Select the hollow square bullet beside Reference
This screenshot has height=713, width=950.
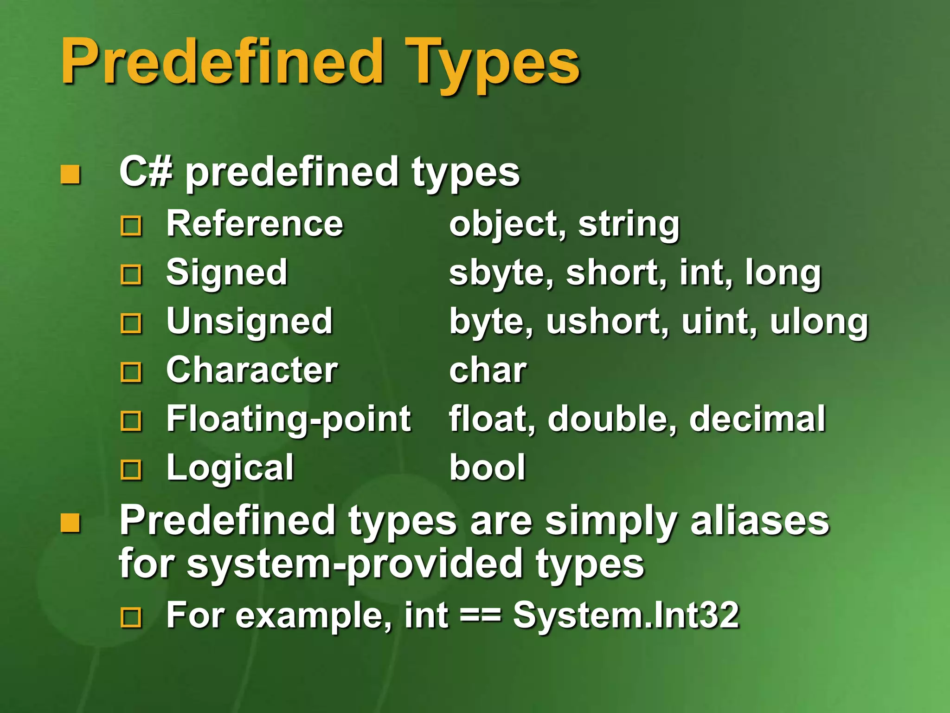(131, 226)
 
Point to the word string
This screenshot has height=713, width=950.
(629, 225)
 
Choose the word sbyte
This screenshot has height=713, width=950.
(501, 273)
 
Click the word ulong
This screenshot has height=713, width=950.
(819, 322)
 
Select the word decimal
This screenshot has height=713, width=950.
(757, 419)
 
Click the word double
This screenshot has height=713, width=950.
(612, 419)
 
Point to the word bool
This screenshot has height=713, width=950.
(488, 467)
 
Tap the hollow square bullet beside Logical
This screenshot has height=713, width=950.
(131, 470)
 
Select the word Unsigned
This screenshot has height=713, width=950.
(250, 322)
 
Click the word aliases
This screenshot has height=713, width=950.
(759, 521)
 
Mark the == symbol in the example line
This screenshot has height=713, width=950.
(481, 616)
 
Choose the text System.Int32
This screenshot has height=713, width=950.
(626, 616)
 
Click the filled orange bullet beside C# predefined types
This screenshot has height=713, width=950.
(71, 175)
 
